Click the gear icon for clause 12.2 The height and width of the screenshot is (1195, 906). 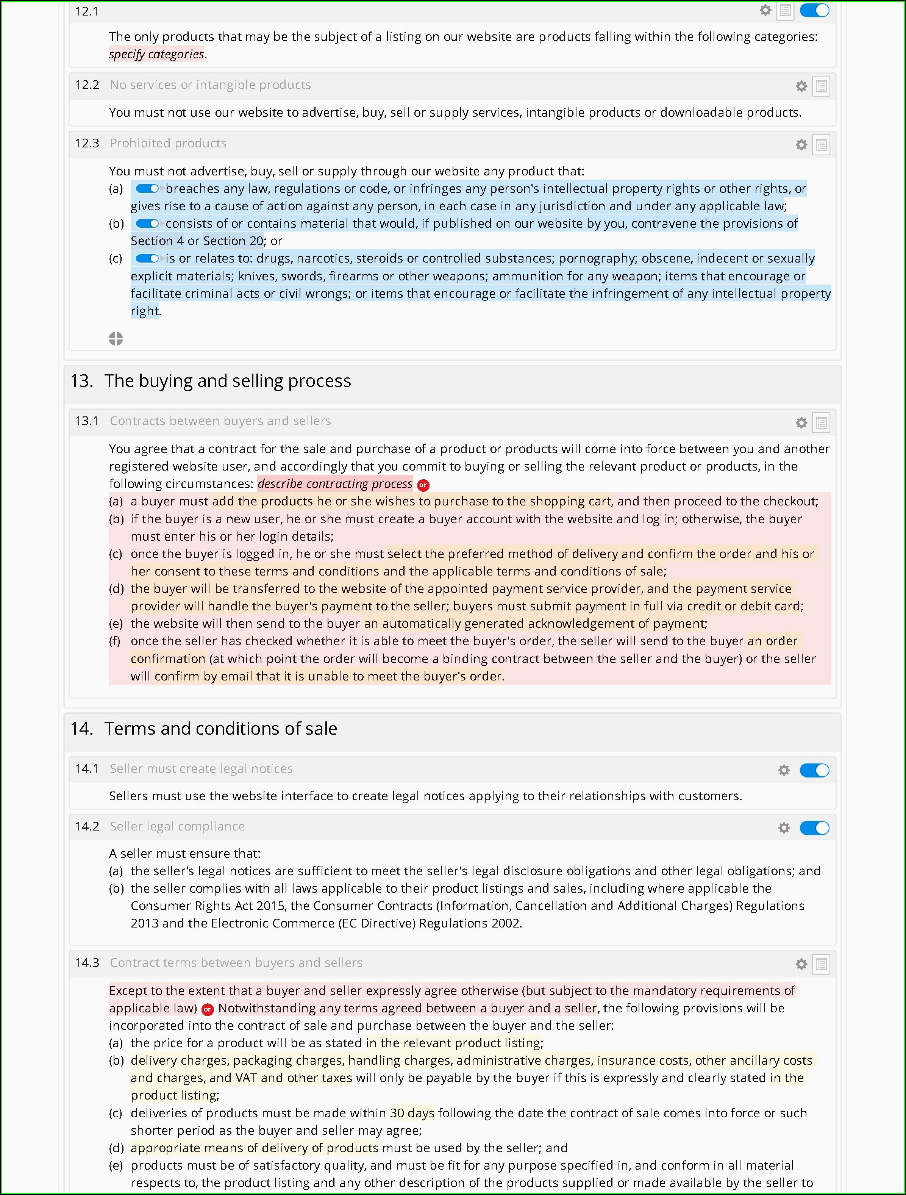pos(801,86)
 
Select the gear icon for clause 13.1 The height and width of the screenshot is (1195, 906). pos(801,423)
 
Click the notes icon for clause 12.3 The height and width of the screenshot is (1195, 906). pos(821,145)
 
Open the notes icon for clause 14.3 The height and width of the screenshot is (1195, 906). pos(821,964)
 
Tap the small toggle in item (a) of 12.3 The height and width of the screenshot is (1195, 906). pos(147,189)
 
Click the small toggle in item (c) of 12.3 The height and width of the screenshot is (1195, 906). pos(147,258)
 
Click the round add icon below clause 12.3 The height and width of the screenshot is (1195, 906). pos(116,339)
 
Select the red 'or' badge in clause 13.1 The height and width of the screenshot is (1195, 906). pos(423,485)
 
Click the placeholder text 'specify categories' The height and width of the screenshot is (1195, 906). pos(156,54)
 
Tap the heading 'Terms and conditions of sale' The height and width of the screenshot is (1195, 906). pos(220,729)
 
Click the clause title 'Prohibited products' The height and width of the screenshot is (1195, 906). pos(168,143)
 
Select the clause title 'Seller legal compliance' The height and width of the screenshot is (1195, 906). pos(177,827)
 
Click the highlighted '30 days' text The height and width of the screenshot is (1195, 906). pos(412,1113)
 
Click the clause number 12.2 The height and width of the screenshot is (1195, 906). pos(87,85)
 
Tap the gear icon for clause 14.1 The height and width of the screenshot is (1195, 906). pos(784,770)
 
